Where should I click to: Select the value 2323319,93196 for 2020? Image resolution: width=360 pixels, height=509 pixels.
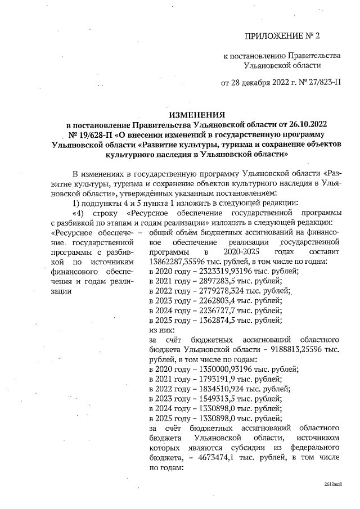(217, 271)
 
